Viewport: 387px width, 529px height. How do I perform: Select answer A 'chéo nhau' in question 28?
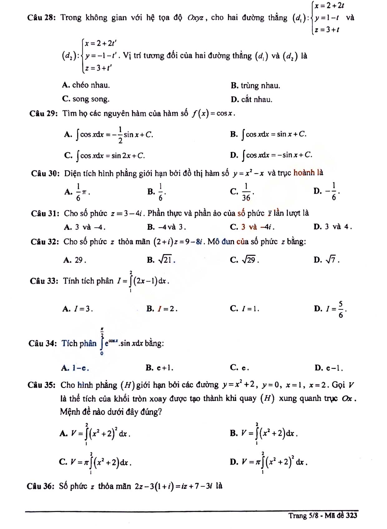(86, 85)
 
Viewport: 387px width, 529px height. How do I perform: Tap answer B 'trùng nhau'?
(256, 85)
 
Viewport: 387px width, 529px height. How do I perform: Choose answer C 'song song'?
(86, 99)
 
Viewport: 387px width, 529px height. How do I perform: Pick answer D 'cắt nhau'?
(252, 99)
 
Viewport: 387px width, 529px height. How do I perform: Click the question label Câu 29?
(44, 113)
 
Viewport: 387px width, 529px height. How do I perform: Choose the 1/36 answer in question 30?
(242, 192)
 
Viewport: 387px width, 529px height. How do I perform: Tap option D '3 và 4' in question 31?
(333, 227)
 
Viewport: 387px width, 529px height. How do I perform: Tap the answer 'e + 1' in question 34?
(160, 368)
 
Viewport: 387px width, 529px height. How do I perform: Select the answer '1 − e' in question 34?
(76, 368)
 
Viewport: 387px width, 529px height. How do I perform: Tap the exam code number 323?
(351, 515)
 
